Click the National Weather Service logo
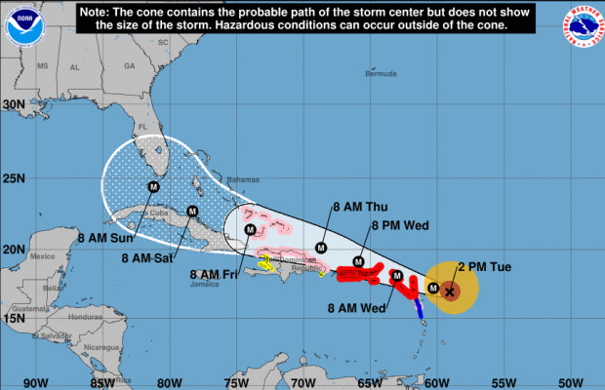[585, 23]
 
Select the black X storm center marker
[450, 291]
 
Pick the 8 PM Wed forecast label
[401, 225]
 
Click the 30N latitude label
[14, 104]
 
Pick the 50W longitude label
[568, 381]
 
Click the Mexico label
[42, 255]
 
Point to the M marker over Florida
[153, 186]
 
